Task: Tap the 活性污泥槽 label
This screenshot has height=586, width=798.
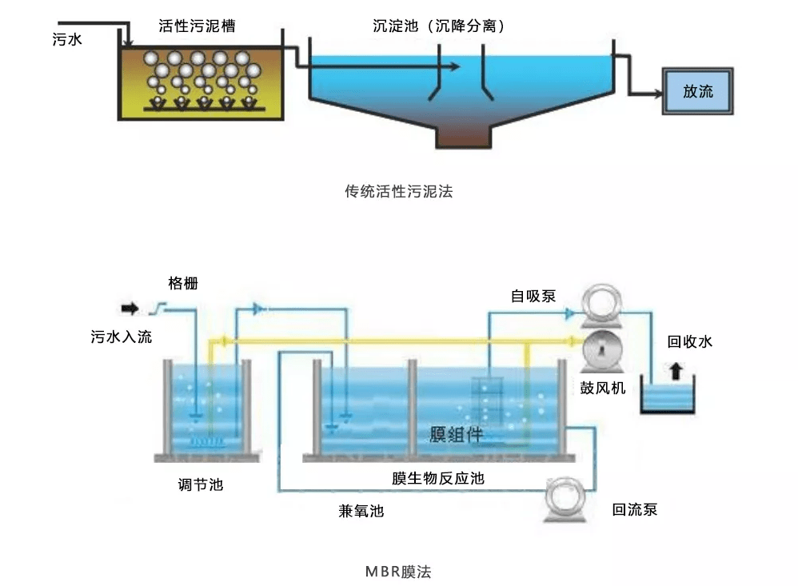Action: [x=197, y=26]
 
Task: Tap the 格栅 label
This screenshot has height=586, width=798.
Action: [x=183, y=283]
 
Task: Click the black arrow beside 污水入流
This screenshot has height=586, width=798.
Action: [x=128, y=308]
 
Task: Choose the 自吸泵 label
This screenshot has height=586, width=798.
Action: [x=533, y=297]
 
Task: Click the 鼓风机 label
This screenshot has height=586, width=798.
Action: [x=603, y=389]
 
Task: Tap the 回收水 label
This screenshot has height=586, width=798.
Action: [x=690, y=342]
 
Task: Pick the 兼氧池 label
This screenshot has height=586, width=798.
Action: [x=361, y=510]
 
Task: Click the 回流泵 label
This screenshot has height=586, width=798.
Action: [x=635, y=509]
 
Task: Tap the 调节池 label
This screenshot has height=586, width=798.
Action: [x=201, y=484]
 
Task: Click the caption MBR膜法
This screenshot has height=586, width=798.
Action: [x=398, y=572]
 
